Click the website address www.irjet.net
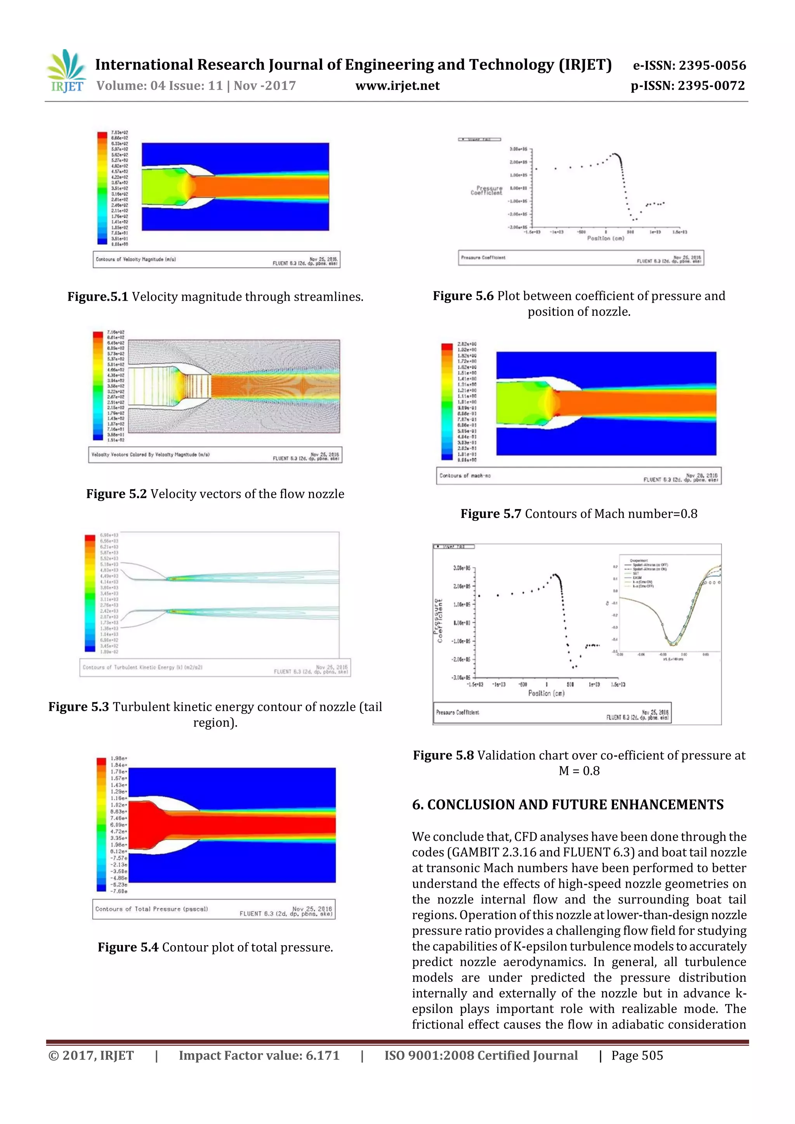(x=397, y=86)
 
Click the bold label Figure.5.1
(x=97, y=297)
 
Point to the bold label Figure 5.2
(x=116, y=494)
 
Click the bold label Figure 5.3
(x=78, y=707)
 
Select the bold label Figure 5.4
(x=128, y=947)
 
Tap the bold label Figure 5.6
(x=463, y=296)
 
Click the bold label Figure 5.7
(x=490, y=514)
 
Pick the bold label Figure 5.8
(x=443, y=755)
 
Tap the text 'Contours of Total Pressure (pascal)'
(x=151, y=909)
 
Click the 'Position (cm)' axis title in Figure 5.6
(x=606, y=238)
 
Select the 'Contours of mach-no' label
(x=465, y=475)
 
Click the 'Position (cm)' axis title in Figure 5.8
(x=546, y=693)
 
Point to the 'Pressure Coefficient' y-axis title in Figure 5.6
(x=486, y=191)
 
